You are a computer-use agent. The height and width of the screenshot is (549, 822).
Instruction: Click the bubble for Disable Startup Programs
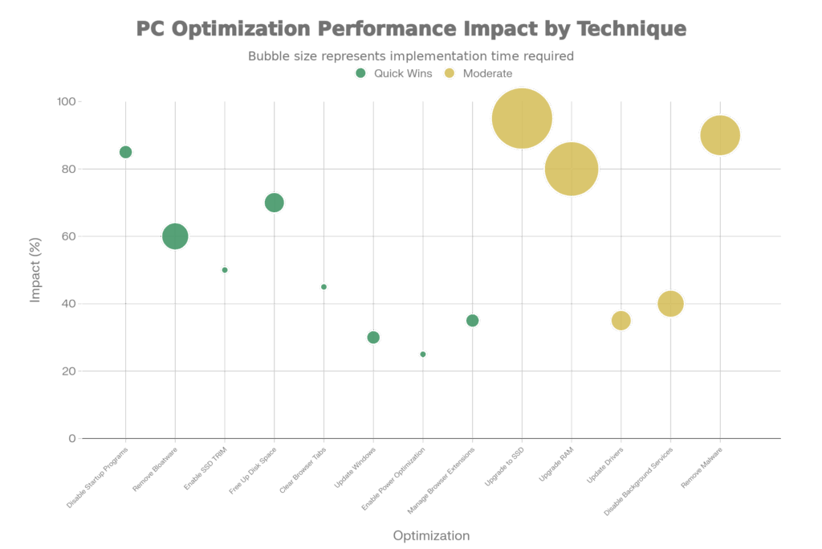(125, 152)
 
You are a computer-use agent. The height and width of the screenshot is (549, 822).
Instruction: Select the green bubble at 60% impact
(175, 236)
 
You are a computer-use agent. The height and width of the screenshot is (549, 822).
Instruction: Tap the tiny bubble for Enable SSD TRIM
(225, 270)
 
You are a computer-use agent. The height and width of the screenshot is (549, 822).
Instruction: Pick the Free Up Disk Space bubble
(275, 203)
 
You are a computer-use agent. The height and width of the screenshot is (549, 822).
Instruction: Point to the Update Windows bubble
(373, 337)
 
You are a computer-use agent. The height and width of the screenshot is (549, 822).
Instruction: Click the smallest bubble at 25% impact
(423, 354)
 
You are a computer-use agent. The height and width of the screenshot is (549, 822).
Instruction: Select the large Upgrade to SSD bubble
(522, 119)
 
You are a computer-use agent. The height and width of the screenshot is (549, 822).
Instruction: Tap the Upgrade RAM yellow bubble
(572, 170)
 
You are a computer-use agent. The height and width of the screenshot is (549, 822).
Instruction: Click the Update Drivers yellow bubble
(621, 321)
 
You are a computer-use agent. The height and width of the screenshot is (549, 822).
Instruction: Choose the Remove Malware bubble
(720, 135)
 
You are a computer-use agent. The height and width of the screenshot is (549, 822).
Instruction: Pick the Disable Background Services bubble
(670, 304)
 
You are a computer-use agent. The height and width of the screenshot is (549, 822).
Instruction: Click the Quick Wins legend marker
(361, 73)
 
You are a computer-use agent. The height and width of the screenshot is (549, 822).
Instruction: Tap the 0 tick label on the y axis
(72, 439)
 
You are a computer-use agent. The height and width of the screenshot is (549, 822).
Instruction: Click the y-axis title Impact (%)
(35, 270)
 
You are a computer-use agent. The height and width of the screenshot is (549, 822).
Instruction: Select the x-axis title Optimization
(431, 536)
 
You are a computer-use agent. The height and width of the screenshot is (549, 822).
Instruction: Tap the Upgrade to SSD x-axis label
(505, 464)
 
